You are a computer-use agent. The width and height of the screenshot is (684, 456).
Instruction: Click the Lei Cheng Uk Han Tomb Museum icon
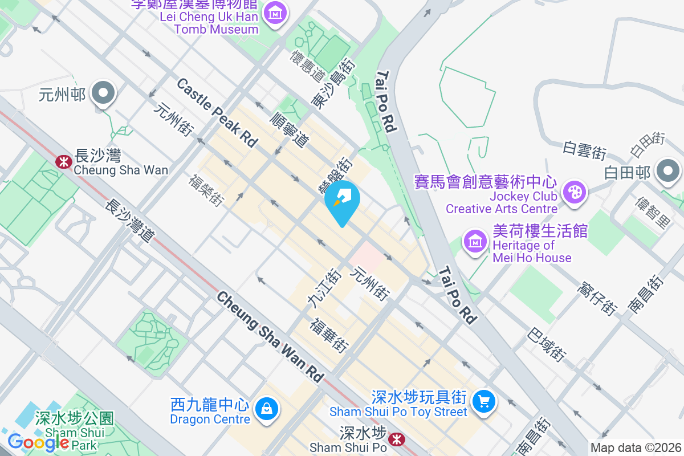(x=275, y=12)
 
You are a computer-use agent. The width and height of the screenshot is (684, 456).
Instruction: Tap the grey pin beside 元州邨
(x=103, y=92)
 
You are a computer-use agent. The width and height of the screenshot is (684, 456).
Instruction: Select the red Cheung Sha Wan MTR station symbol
(x=63, y=162)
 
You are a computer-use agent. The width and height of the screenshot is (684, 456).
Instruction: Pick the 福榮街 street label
(x=206, y=190)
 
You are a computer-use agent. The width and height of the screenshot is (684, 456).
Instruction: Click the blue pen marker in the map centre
(x=342, y=199)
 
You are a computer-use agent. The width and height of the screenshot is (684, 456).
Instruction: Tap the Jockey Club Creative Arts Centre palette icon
(x=573, y=192)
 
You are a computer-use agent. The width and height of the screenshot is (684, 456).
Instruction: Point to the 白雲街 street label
(x=584, y=151)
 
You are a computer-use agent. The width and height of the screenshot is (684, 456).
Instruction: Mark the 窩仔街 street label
(x=597, y=299)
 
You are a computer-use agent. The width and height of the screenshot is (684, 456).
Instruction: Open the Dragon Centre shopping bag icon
(x=266, y=408)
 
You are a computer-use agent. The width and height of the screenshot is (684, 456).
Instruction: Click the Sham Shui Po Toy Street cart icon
(x=484, y=401)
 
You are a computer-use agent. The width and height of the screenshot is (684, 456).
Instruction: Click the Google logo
(x=38, y=442)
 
